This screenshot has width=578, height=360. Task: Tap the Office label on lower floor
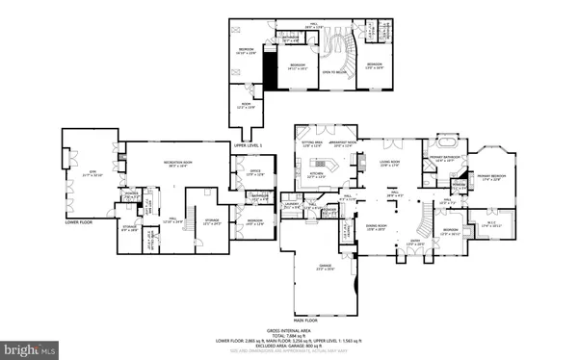coord(255,173)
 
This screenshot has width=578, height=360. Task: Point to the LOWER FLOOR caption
coord(79,221)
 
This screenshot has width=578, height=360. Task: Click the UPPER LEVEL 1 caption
coord(248,144)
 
